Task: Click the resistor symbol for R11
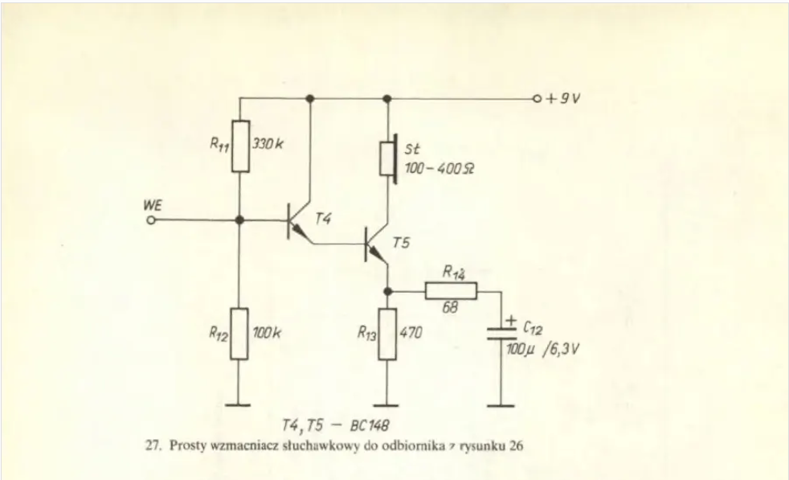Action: pos(240,146)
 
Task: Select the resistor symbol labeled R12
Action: pos(239,334)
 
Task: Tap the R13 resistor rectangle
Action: pos(387,334)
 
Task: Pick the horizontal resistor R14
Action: pos(451,291)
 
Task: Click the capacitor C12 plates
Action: pos(501,334)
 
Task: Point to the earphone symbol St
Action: pos(389,158)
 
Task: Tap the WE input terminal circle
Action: pos(151,220)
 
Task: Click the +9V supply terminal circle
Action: pos(537,99)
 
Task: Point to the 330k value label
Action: pos(268,144)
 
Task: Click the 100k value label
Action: pos(267,332)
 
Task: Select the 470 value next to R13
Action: pos(411,332)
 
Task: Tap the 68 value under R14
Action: pos(451,307)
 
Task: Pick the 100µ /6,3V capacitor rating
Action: pos(542,349)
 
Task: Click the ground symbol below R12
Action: pos(238,404)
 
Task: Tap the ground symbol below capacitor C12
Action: pos(501,405)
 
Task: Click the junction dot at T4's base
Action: pos(239,220)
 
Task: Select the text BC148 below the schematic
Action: pos(370,425)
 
